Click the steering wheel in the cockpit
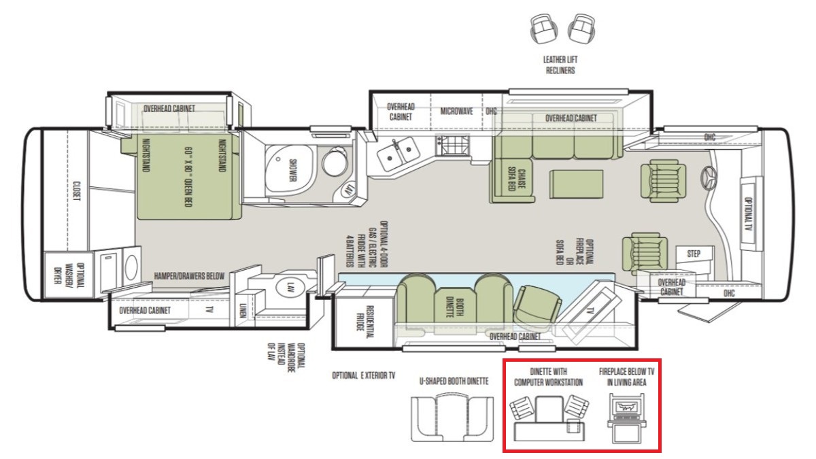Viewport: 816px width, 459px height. (x=708, y=177)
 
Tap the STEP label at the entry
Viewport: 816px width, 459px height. (x=694, y=254)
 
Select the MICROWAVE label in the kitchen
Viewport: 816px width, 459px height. (x=456, y=111)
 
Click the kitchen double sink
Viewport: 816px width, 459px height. (x=398, y=154)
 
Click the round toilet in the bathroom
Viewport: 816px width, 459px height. (x=335, y=162)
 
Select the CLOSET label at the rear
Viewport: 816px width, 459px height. (x=76, y=191)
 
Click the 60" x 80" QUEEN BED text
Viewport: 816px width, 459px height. (x=188, y=177)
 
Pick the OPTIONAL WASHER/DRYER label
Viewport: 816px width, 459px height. (x=69, y=275)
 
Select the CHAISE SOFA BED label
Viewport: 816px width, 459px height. (x=516, y=179)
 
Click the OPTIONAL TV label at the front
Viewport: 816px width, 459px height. (x=748, y=214)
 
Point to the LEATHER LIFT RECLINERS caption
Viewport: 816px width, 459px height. (x=560, y=65)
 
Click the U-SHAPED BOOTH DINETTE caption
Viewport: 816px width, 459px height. (x=454, y=381)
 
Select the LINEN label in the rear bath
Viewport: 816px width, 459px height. (x=243, y=311)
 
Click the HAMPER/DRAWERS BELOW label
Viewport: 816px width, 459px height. (x=189, y=276)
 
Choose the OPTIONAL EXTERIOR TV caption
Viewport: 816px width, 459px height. (x=364, y=375)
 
